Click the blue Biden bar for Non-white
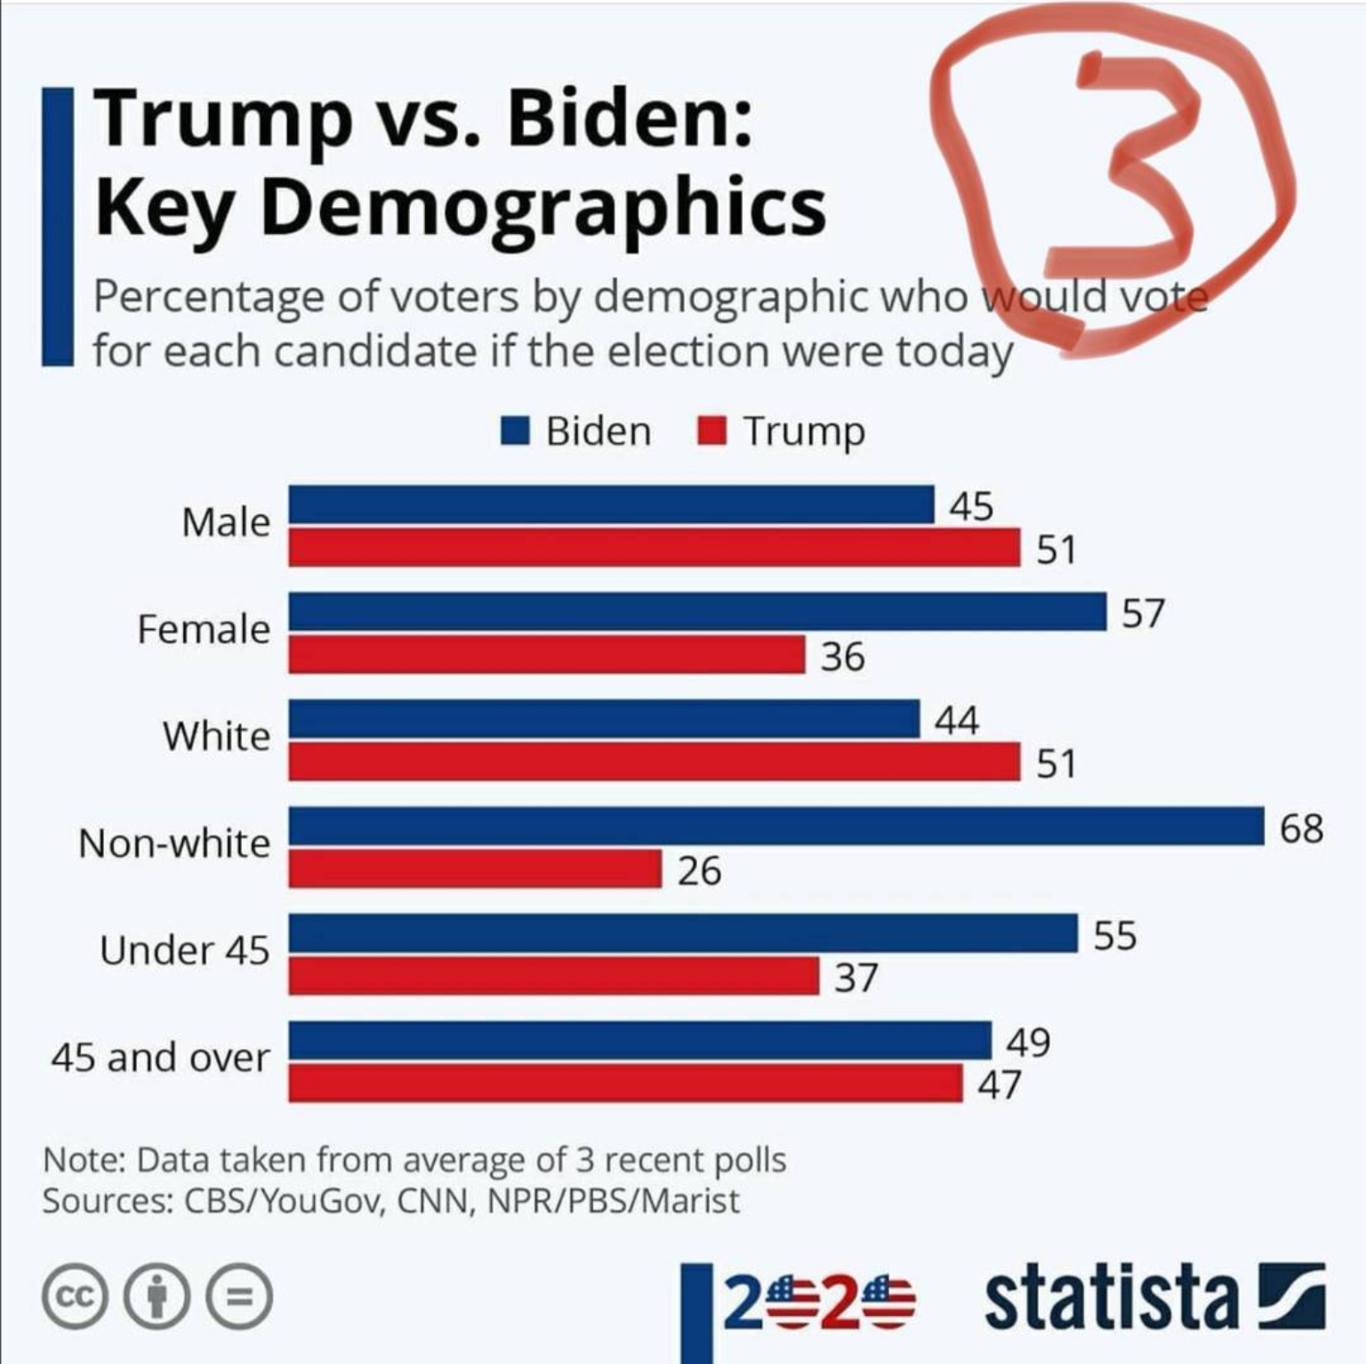pyautogui.click(x=775, y=826)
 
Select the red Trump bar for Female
pyautogui.click(x=546, y=655)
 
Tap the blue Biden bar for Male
pyautogui.click(x=611, y=504)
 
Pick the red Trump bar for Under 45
pyautogui.click(x=553, y=976)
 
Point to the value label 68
pyautogui.click(x=1301, y=828)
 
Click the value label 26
pyautogui.click(x=699, y=870)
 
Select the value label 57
pyautogui.click(x=1143, y=614)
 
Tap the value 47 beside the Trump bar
pyautogui.click(x=1000, y=1085)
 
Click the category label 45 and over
pyautogui.click(x=160, y=1058)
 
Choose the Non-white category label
pyautogui.click(x=174, y=843)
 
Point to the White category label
pyautogui.click(x=216, y=736)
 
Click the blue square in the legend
pyautogui.click(x=515, y=432)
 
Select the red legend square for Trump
pyautogui.click(x=712, y=432)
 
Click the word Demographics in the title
pyautogui.click(x=542, y=207)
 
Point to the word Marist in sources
pyautogui.click(x=690, y=1201)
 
